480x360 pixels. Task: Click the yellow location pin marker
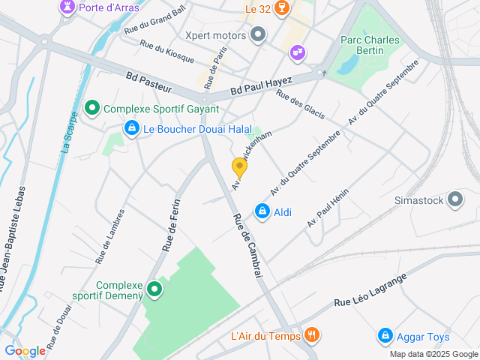[239, 167]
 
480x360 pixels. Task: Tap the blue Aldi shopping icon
[262, 212]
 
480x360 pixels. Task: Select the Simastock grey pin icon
[455, 200]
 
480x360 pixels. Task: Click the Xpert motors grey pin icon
[259, 34]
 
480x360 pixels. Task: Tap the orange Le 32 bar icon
[282, 8]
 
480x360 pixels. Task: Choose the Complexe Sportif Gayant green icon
[93, 109]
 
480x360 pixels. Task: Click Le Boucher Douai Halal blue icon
[132, 129]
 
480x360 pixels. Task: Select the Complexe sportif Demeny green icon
[155, 289]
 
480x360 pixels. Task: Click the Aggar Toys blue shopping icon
[385, 334]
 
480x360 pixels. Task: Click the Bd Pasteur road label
[149, 82]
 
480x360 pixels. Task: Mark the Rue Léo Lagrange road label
[370, 291]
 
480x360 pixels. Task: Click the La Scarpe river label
[67, 133]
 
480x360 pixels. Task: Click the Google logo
[25, 350]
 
